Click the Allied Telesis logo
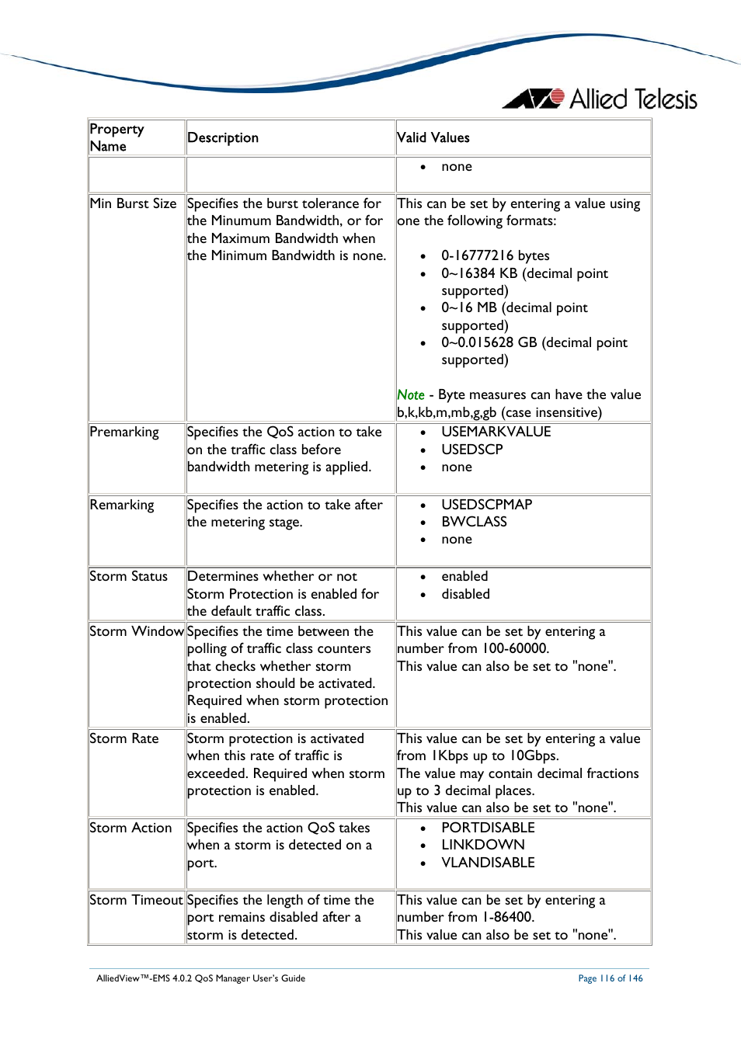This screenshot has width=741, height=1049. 600,99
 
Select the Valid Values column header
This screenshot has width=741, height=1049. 433,137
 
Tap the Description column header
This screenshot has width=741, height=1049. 222,137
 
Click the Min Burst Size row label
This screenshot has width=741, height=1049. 133,203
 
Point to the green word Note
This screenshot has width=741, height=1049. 410,394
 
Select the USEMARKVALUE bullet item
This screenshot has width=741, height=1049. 496,432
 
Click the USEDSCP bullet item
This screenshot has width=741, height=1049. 471,450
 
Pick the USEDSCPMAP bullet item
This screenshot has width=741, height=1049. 486,505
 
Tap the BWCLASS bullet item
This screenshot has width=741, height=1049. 474,522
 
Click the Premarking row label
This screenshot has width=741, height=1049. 124,432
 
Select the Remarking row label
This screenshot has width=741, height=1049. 122,505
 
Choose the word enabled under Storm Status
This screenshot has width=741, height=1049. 464,576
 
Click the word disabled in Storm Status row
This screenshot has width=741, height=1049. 465,594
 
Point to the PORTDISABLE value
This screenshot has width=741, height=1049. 488,828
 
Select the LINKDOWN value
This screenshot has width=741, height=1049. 482,845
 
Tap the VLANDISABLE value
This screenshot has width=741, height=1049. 488,863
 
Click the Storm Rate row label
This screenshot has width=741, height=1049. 124,738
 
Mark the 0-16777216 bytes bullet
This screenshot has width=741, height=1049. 495,255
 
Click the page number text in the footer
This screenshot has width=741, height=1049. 610,978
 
